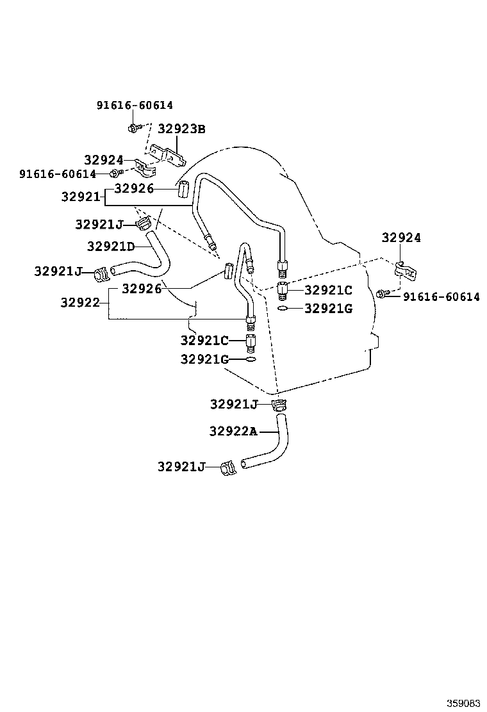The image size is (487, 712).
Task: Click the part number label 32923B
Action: click(181, 129)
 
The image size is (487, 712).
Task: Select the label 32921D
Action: click(111, 246)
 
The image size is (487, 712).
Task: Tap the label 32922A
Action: click(232, 432)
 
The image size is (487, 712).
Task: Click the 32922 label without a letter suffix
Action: click(80, 302)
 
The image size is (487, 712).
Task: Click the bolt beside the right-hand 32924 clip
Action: click(383, 294)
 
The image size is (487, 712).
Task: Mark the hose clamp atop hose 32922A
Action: click(280, 405)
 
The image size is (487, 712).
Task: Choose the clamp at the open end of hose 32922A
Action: click(229, 468)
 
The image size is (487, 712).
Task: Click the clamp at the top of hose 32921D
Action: click(144, 224)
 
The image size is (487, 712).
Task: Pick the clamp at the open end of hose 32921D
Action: click(101, 273)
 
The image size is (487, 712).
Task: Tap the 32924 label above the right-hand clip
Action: click(401, 238)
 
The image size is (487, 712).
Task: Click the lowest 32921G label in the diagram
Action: click(204, 359)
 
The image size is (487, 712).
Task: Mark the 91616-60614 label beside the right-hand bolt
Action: click(441, 296)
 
